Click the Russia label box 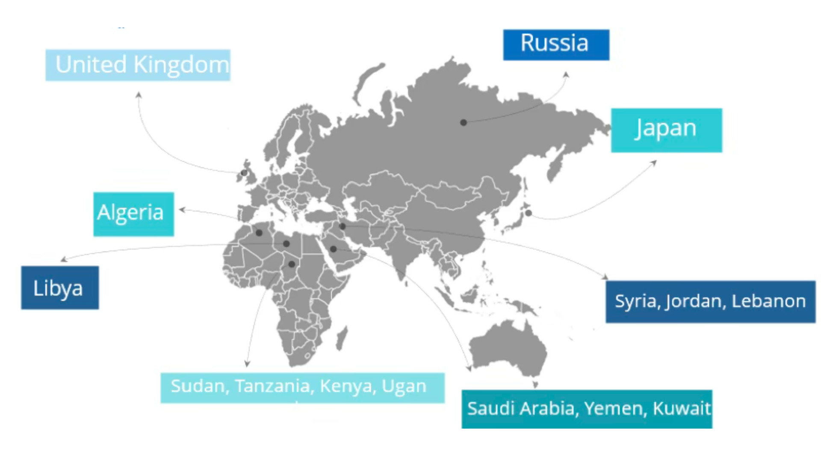click(556, 44)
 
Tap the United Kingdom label click(138, 65)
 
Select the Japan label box click(666, 130)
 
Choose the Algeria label click(133, 214)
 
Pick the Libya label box click(60, 287)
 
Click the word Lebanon click(768, 301)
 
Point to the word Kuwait click(682, 409)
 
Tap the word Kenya click(346, 386)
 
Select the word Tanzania click(272, 386)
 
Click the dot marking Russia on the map click(464, 123)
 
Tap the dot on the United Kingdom click(244, 173)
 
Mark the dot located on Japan click(529, 213)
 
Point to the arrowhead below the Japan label click(654, 163)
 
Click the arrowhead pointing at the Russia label click(566, 75)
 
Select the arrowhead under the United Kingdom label click(139, 95)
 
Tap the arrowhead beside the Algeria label click(182, 210)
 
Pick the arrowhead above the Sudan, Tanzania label click(247, 364)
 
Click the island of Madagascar click(342, 338)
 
